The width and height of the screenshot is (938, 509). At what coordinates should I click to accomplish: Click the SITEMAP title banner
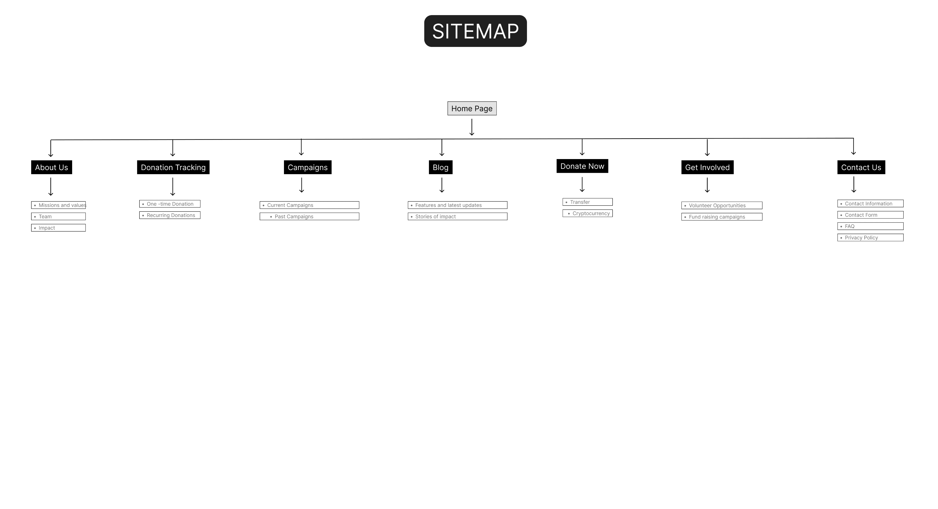[x=475, y=31]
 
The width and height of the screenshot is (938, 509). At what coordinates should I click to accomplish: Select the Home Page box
[x=472, y=108]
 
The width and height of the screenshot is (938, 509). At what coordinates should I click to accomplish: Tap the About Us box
[x=51, y=167]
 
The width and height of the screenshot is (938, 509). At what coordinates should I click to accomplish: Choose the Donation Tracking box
[x=173, y=167]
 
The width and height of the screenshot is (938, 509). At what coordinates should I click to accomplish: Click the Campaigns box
[x=308, y=167]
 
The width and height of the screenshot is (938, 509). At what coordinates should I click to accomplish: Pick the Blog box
[x=441, y=167]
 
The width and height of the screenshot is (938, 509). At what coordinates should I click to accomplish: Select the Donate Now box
[x=582, y=166]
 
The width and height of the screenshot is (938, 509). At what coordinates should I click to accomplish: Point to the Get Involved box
[x=707, y=167]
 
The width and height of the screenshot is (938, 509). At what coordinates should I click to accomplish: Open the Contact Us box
[x=861, y=167]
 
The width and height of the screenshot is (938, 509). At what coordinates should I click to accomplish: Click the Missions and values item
[x=59, y=205]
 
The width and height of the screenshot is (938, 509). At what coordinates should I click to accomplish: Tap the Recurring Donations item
[x=170, y=215]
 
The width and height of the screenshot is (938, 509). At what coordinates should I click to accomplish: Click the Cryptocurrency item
[x=588, y=213]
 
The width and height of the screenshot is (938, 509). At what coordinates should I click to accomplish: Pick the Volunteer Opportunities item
[x=722, y=206]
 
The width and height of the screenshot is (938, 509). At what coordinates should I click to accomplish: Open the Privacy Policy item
[x=870, y=238]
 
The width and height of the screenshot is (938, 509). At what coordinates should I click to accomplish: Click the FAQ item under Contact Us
[x=870, y=226]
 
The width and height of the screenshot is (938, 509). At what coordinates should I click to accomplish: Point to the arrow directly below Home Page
[x=472, y=127]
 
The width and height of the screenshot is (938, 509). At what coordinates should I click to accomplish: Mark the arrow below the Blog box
[x=442, y=185]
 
